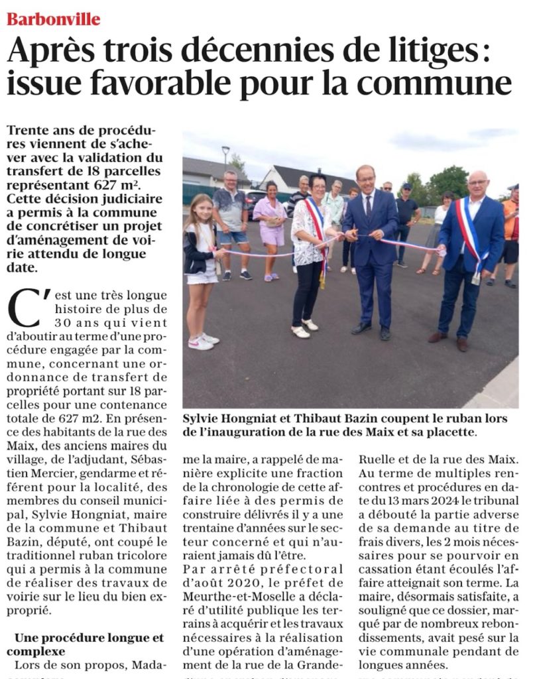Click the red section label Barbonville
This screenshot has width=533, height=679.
[x=54, y=19]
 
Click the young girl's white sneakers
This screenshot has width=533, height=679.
[x=202, y=341]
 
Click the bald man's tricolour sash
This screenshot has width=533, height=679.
[x=470, y=239]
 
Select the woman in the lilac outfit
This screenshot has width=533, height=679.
[x=271, y=222]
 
